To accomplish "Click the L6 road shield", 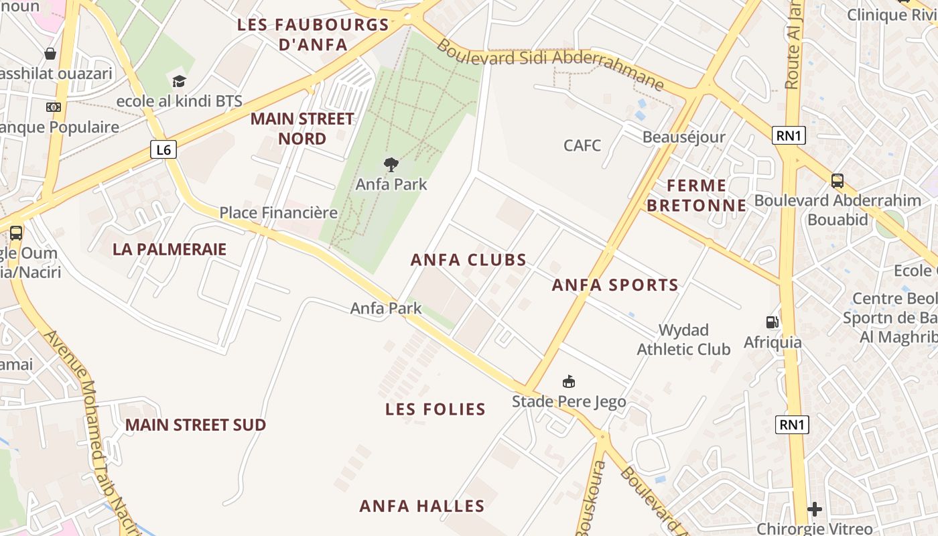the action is click(163, 149).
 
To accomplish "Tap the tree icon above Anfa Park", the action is click(391, 164).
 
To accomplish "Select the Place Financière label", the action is click(279, 213).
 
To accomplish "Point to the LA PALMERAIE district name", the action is click(170, 249).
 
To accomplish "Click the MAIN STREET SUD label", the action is click(196, 425).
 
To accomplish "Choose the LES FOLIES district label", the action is click(435, 409).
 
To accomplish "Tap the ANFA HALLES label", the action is click(422, 506).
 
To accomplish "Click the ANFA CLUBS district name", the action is click(469, 260).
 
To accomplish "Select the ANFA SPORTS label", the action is click(615, 285).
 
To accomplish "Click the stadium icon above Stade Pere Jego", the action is click(569, 382).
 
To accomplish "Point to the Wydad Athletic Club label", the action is click(683, 340).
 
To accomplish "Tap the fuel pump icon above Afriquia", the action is click(773, 322).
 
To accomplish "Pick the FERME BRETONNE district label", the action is click(697, 196).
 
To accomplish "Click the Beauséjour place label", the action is click(683, 137).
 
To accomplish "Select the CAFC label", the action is click(582, 145).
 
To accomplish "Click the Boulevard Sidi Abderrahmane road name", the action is click(551, 64).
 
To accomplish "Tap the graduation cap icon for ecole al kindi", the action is click(179, 82).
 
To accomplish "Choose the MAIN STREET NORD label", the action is click(302, 129).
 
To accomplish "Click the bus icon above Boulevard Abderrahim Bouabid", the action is click(837, 180).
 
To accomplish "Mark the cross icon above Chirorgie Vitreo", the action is click(815, 510).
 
